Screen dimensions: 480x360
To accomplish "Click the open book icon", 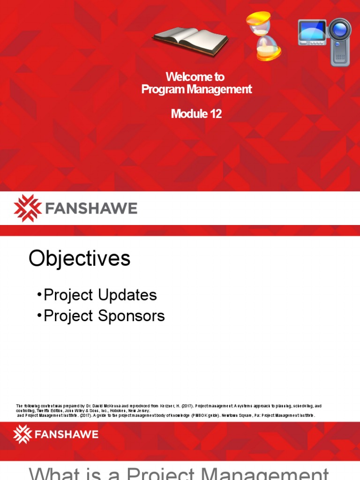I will click(191, 39).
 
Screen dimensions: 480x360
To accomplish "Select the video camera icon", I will click(324, 41).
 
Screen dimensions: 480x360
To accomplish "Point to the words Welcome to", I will click(195, 76).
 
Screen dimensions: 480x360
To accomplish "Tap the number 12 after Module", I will click(215, 114).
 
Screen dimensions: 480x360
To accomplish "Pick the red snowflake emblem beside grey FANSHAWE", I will click(28, 208).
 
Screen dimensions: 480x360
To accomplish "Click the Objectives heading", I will click(79, 258).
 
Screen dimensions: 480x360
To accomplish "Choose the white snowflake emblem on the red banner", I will click(22, 434).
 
